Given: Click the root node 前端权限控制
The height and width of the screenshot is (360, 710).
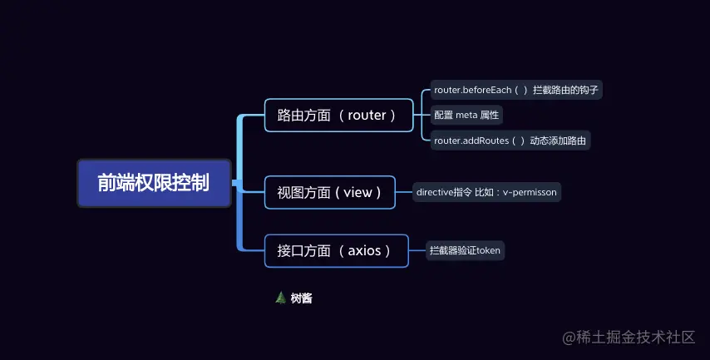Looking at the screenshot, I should point(154,183).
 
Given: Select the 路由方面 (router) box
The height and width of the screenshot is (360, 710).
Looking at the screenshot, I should point(338,116).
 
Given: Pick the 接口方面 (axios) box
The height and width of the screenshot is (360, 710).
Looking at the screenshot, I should point(336,250).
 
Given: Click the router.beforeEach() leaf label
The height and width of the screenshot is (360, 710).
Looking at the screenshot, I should point(515,90).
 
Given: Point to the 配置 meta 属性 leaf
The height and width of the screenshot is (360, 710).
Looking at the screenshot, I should point(466,115).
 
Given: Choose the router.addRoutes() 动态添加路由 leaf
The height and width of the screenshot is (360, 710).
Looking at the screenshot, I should point(510,141).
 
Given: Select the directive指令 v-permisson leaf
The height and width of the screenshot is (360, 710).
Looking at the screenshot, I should point(487,192).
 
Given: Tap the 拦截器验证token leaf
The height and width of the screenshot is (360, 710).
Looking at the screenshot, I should point(465,250).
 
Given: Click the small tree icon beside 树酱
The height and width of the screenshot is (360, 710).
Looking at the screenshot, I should point(280,298).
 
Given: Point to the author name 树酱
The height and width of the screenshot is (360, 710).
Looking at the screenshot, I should point(302,298).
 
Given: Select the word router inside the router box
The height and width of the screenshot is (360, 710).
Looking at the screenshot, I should point(367,116).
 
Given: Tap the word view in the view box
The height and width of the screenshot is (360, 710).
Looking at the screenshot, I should point(357,192).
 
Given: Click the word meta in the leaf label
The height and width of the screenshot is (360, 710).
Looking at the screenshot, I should point(466,115).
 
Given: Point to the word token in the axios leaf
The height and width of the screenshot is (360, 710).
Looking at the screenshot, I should point(488,250).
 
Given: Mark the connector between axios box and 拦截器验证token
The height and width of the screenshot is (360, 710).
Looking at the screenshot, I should point(417,250).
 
